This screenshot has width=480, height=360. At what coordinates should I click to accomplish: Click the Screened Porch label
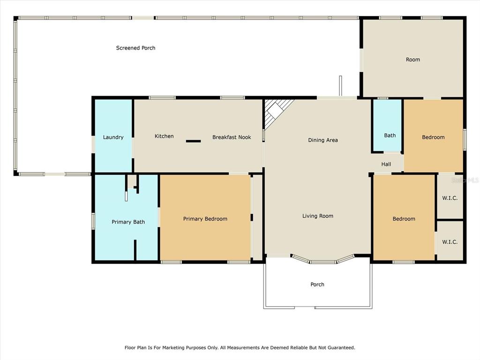pos(135,48)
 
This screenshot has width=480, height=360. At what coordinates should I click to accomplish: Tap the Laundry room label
pos(113,137)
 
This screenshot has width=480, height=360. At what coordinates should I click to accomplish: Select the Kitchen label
pos(164,136)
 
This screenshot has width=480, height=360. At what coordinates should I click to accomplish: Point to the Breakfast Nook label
pos(232,137)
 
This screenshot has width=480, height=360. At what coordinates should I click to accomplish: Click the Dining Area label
pos(323,140)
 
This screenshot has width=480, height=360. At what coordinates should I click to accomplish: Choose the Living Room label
pos(318,216)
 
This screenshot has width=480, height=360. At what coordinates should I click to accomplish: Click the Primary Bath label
pos(128,222)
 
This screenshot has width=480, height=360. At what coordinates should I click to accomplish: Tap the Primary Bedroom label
pos(205,219)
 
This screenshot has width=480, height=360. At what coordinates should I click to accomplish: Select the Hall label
pos(386,164)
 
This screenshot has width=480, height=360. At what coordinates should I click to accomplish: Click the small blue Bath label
pos(390,135)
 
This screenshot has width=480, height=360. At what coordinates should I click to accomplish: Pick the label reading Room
pos(413,60)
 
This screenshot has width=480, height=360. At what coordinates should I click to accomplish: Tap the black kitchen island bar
pos(194,141)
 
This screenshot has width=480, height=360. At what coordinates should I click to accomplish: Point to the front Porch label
pos(317,285)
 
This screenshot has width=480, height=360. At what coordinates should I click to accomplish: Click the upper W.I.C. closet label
pos(450,198)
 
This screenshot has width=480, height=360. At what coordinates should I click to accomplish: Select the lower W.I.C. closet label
pos(450,242)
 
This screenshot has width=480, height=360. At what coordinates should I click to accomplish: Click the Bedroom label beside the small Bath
pos(433,137)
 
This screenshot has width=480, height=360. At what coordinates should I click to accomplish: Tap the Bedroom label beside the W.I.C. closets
pos(404,219)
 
